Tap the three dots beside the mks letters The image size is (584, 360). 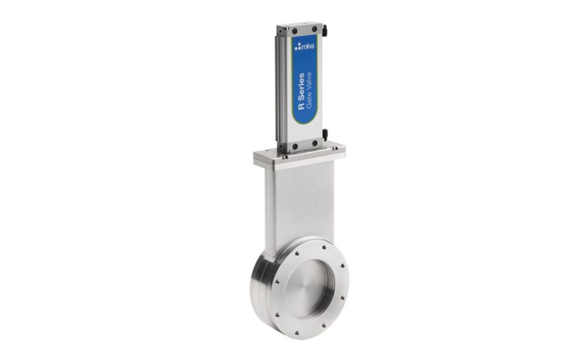[297, 47]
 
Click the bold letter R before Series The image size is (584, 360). [301, 119]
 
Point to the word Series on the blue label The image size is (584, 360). [301, 94]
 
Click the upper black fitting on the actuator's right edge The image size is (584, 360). [325, 29]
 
